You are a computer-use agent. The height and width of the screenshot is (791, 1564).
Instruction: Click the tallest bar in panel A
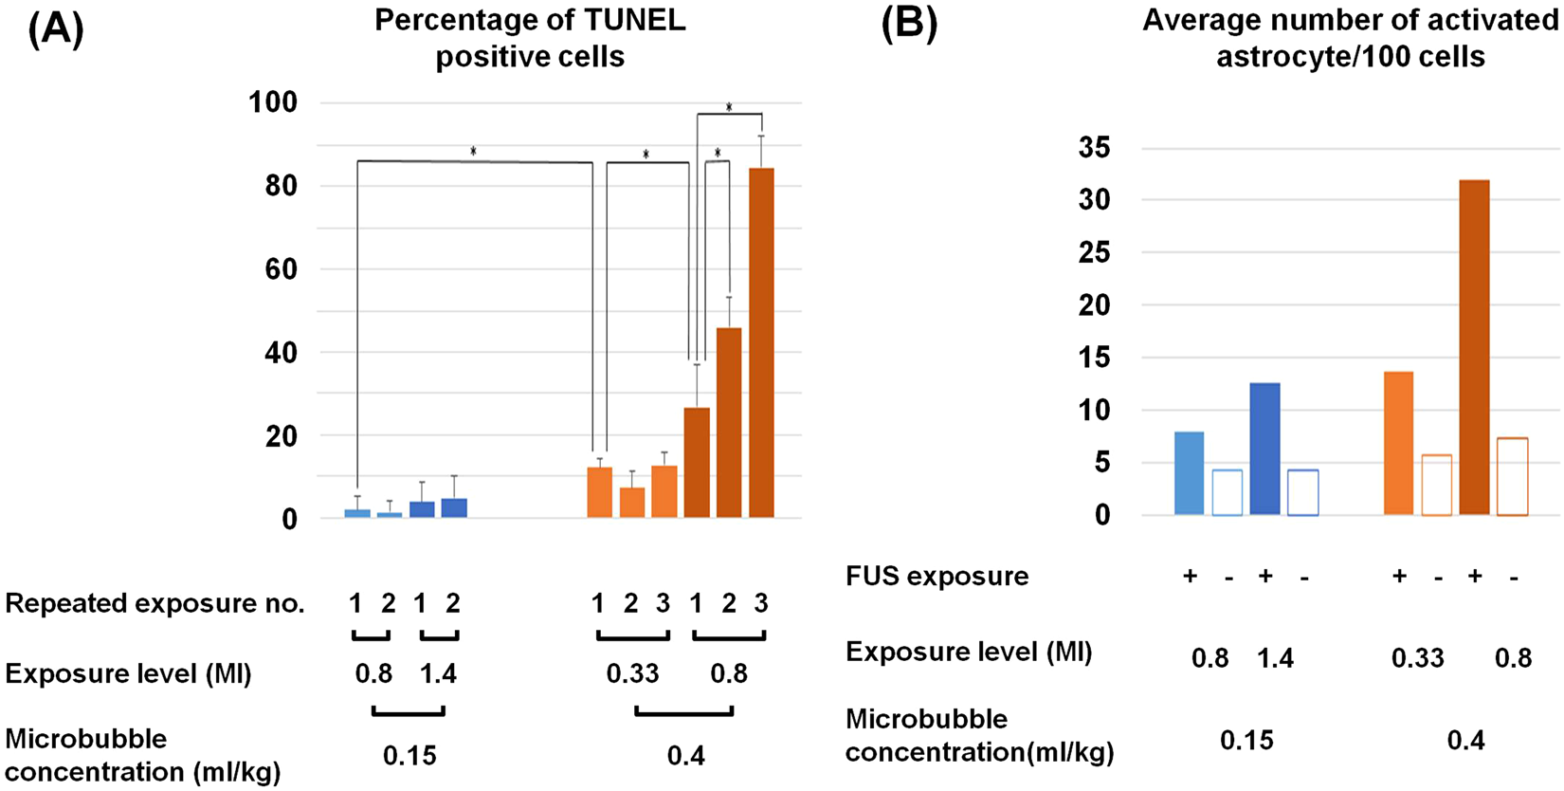tap(761, 341)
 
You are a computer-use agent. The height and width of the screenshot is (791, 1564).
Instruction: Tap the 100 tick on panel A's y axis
tap(273, 102)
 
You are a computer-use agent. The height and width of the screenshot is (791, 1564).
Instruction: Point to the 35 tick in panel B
tap(1095, 148)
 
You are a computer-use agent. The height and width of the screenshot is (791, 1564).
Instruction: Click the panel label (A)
tap(56, 28)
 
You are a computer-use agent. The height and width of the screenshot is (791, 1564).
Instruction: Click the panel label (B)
tap(909, 25)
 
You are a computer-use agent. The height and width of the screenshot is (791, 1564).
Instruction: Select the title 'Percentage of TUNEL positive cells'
tap(530, 38)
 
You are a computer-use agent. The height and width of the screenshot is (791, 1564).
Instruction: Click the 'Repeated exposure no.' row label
tap(155, 603)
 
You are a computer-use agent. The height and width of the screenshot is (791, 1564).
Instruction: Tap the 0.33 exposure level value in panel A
tap(632, 674)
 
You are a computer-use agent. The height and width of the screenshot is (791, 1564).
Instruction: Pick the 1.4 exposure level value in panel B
tap(1275, 657)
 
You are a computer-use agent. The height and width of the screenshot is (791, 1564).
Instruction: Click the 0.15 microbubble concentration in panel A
tap(409, 756)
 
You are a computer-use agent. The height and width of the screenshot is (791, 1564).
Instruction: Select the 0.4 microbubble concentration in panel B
tap(1465, 740)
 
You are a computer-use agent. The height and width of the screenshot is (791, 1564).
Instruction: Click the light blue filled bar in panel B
tap(1189, 473)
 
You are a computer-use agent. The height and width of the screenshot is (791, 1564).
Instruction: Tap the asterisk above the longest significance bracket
tap(473, 152)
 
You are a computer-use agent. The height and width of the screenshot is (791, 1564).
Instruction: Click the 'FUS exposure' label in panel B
tap(937, 577)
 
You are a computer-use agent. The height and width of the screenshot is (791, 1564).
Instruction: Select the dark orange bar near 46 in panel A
tap(729, 422)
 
